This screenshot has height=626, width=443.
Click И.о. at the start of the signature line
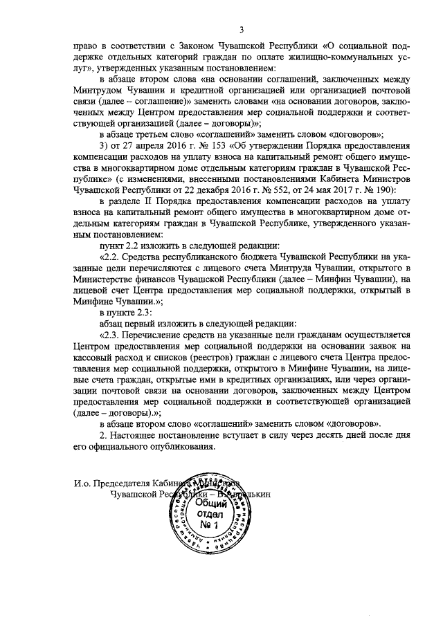(84, 484)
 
